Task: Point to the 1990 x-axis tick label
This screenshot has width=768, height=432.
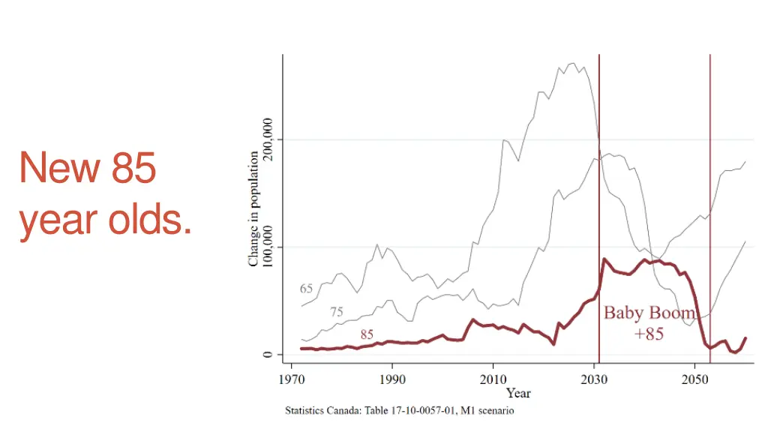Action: (x=391, y=379)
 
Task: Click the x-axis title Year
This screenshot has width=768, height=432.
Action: (x=518, y=393)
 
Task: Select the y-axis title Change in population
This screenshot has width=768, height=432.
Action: (x=254, y=208)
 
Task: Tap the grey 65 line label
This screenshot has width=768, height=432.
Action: (x=306, y=289)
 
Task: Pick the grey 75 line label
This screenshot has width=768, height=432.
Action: (x=337, y=312)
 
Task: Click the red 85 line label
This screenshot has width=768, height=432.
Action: (x=367, y=334)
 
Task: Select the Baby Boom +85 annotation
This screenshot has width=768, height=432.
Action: (x=649, y=323)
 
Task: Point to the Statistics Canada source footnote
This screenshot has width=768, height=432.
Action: (x=399, y=411)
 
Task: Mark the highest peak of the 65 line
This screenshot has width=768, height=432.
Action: (x=574, y=64)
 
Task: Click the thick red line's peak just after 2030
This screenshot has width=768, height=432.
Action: (x=604, y=259)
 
